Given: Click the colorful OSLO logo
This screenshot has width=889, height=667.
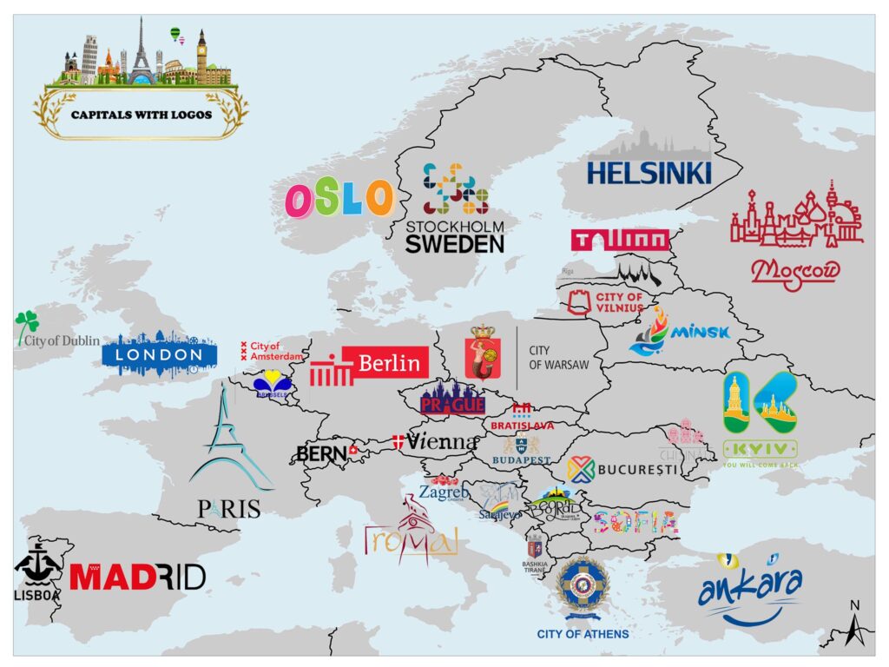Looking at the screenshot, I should [x=339, y=199].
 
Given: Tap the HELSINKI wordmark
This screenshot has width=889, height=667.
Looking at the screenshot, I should [x=649, y=171].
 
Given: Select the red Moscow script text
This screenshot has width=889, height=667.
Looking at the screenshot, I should [x=795, y=272].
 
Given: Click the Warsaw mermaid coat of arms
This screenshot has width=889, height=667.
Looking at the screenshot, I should [x=484, y=353].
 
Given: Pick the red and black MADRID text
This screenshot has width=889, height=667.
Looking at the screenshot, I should [x=137, y=577].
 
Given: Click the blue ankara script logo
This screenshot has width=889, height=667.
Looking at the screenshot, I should [x=749, y=590].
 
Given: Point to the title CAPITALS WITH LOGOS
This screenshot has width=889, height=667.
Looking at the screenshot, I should [x=142, y=114].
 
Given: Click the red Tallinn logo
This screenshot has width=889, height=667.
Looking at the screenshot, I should [x=620, y=240].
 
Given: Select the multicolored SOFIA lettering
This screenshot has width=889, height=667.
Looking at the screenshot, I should [x=635, y=521].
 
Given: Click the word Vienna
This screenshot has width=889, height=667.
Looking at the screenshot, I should [x=442, y=441].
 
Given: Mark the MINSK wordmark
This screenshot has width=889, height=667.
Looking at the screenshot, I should [x=699, y=332].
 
